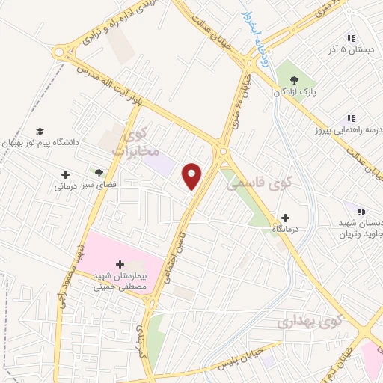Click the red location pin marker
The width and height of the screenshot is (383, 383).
193,175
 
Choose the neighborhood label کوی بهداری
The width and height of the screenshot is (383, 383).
307,322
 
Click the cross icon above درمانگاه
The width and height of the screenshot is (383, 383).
286,217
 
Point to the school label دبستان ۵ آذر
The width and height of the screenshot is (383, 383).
353,49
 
